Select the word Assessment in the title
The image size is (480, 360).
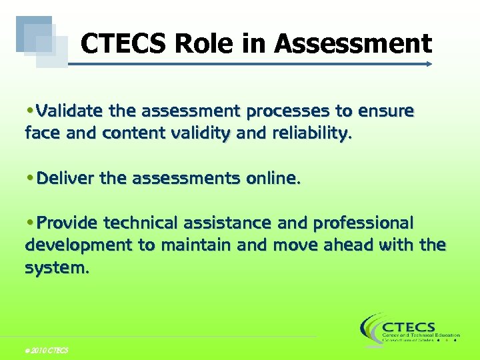coord(353,45)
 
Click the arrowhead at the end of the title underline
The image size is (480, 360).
coord(429,65)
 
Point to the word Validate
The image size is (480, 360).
coord(70,110)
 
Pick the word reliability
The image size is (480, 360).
coord(310,133)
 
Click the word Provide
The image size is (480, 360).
coord(67,222)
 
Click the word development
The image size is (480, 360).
coord(79,245)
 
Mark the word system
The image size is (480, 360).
coord(56,268)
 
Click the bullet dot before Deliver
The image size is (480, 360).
coord(31,178)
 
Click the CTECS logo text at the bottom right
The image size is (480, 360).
coord(409,327)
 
